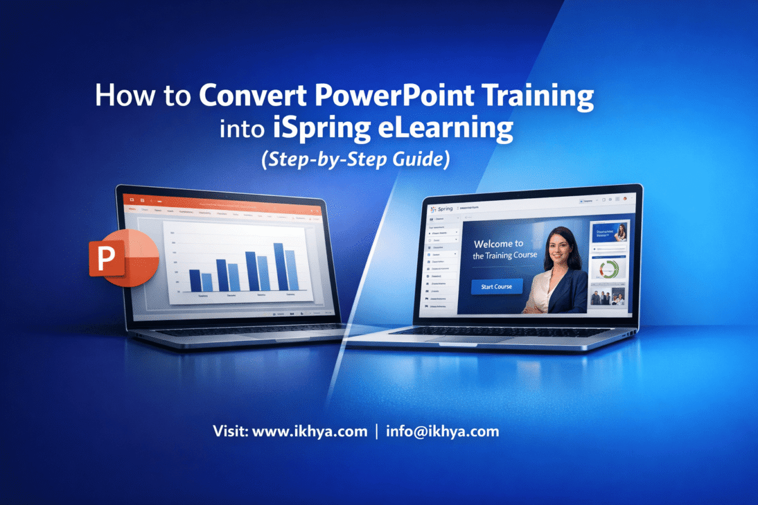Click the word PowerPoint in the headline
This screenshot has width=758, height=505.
point(383,98)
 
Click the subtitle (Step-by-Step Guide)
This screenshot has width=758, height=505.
point(355,158)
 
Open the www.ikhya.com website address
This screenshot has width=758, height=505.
point(310,432)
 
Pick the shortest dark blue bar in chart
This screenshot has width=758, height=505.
point(195,280)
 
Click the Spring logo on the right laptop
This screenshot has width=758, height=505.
point(443,209)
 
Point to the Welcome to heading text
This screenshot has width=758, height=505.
point(498,244)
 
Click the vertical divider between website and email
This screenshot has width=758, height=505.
point(377,432)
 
